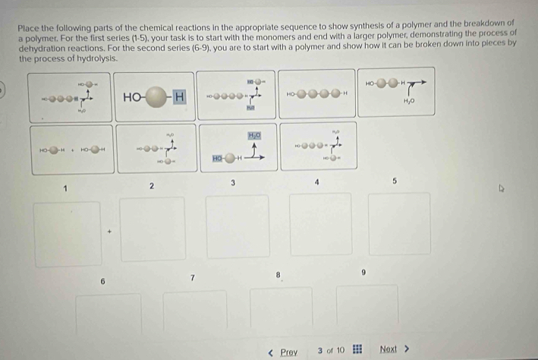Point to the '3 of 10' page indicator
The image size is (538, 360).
coord(331,350)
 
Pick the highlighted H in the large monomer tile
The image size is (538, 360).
coord(178,96)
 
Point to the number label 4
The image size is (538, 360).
coord(316,183)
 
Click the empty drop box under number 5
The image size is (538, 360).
coord(399,223)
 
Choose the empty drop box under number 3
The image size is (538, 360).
coord(238,226)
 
